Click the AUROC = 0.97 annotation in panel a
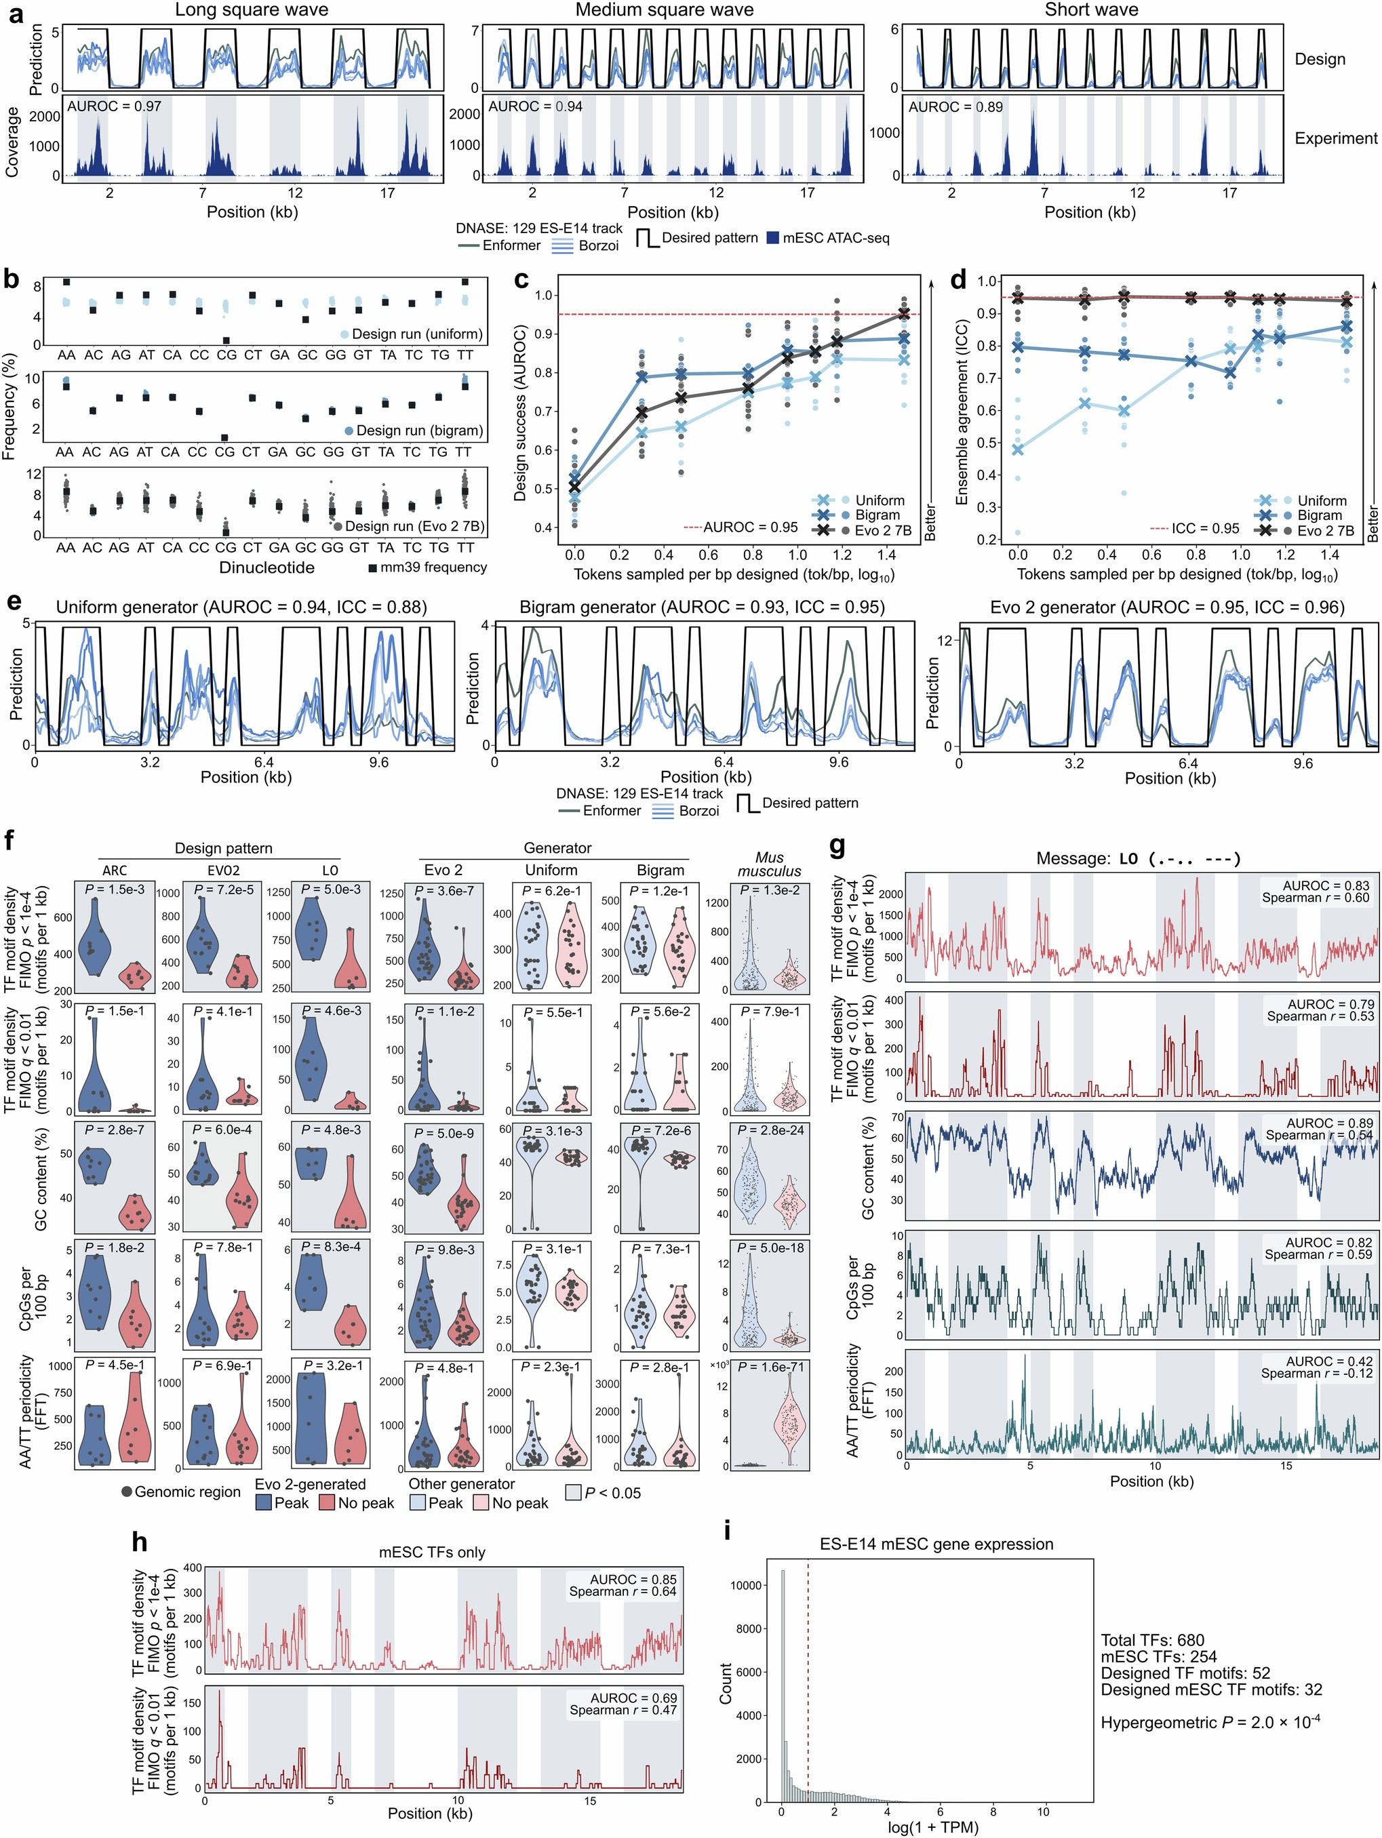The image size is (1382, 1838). [x=114, y=106]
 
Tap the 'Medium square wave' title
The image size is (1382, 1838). [x=664, y=10]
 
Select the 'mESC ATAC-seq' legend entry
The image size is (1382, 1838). [x=837, y=239]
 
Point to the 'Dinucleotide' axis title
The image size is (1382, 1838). [x=266, y=567]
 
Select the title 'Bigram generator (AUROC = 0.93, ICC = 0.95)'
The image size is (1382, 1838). [x=701, y=607]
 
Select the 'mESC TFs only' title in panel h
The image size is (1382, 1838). [x=432, y=1552]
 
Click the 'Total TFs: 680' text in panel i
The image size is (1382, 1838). [x=1152, y=1640]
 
